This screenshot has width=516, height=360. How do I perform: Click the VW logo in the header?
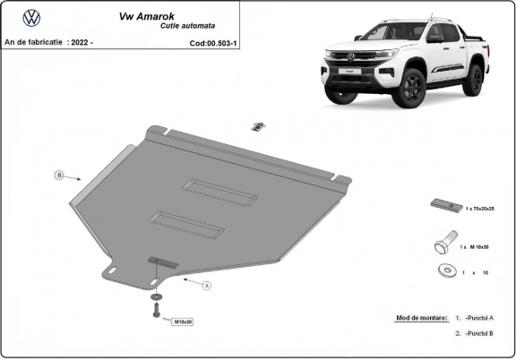[x=31, y=16]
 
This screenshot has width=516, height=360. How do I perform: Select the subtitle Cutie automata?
[x=185, y=28]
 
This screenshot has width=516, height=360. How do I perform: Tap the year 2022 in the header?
[x=80, y=42]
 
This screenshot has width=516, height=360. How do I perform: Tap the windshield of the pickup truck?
[x=393, y=33]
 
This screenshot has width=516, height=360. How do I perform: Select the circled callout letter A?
[x=206, y=286]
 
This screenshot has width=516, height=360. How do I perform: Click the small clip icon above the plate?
[x=257, y=125]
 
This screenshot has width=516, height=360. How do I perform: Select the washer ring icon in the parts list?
[x=444, y=271]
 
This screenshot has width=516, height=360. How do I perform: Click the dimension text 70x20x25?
[x=483, y=209]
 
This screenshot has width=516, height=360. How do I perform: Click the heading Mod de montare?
[x=421, y=318]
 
